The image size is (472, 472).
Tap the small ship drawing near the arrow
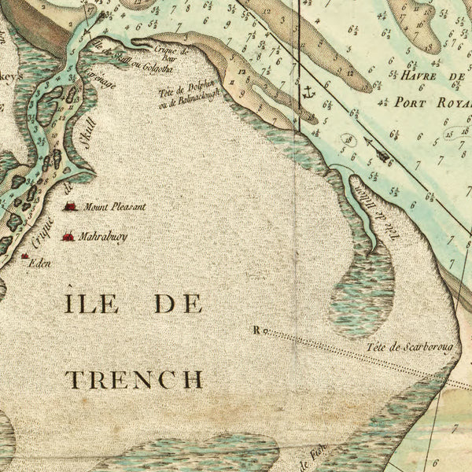coord(384,155)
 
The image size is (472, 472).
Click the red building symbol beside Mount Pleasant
coord(71,207)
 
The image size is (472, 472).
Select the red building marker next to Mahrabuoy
coord(68,236)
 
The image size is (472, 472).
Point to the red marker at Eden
coord(25,256)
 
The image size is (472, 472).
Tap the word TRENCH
coord(134,379)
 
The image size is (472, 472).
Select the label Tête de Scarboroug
coord(413,347)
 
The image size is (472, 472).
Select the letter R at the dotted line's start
coord(257,330)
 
